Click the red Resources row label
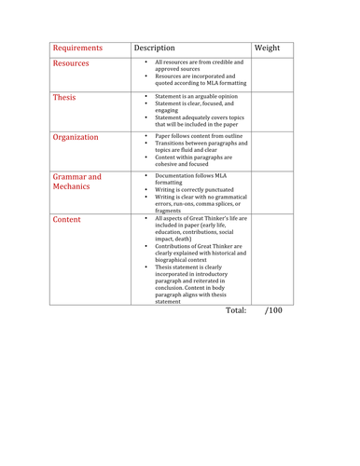(71, 64)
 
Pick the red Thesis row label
(64, 97)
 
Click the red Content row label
(67, 220)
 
